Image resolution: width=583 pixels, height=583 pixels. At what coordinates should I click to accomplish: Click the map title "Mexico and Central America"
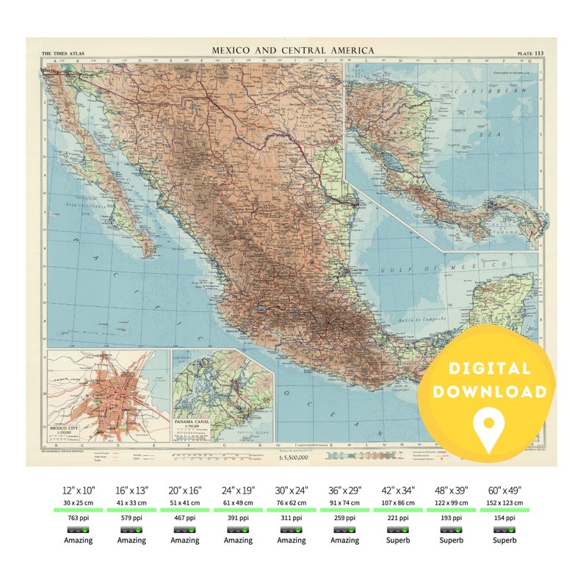[x=293, y=51]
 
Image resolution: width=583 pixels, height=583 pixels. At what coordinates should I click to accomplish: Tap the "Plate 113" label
[x=530, y=53]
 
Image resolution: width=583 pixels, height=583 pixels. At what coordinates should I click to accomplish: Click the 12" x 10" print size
[x=79, y=490]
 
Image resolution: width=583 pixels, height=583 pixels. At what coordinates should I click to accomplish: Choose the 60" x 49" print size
[x=504, y=490]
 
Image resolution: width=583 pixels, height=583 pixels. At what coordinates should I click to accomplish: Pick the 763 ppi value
[x=79, y=517]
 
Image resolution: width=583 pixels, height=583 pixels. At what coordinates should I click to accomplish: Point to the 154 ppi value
[x=504, y=517]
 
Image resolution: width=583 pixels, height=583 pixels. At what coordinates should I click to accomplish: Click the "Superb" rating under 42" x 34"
[x=397, y=540]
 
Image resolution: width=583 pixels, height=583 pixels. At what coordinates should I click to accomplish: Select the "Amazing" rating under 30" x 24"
[x=291, y=540]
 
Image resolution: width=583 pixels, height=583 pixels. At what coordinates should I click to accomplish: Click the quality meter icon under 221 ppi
[x=397, y=529]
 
